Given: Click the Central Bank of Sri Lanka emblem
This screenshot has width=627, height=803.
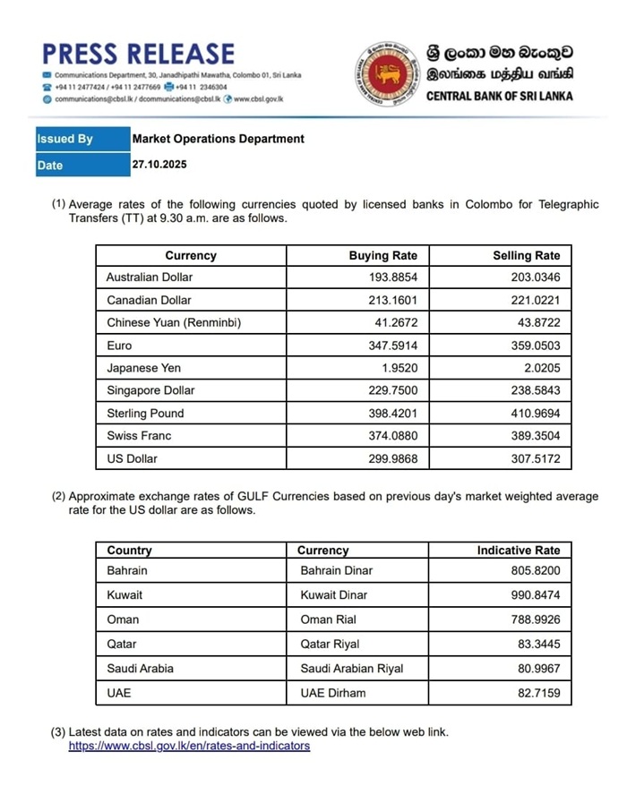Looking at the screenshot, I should (389, 74).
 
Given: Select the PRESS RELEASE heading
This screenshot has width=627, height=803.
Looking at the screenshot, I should (138, 54).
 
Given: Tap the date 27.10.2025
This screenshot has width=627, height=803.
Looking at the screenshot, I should (159, 165).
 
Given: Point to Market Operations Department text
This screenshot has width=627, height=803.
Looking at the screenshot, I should (218, 139).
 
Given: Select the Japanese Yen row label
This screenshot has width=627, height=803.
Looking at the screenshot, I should (144, 368).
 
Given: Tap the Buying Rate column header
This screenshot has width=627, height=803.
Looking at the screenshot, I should (382, 256).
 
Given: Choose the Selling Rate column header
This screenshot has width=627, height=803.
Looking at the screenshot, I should (526, 256).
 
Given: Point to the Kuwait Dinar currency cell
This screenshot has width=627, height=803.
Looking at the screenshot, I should (334, 594).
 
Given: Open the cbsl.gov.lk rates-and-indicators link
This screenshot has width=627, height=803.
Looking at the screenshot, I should (189, 746).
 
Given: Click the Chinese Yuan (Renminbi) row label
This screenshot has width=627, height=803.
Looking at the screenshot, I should (174, 323).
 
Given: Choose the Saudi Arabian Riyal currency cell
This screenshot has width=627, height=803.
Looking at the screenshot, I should (352, 668).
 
